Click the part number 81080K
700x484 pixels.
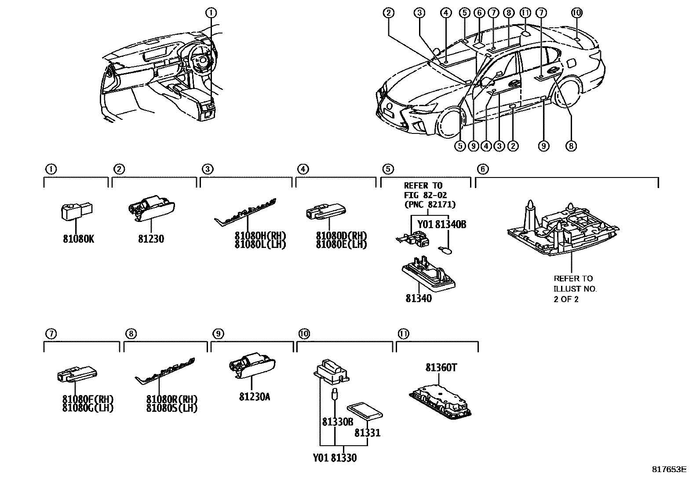[78, 239]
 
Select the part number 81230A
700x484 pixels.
[255, 397]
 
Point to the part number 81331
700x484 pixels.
[368, 433]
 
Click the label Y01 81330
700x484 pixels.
[335, 458]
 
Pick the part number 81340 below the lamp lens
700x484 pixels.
[419, 299]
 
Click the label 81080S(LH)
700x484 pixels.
[172, 408]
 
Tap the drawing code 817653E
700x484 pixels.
[669, 469]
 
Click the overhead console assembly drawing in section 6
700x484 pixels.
[563, 231]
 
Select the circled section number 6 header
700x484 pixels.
[482, 169]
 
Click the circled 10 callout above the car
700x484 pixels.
[577, 13]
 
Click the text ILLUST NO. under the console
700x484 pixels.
[575, 289]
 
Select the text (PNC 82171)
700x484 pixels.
[430, 204]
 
